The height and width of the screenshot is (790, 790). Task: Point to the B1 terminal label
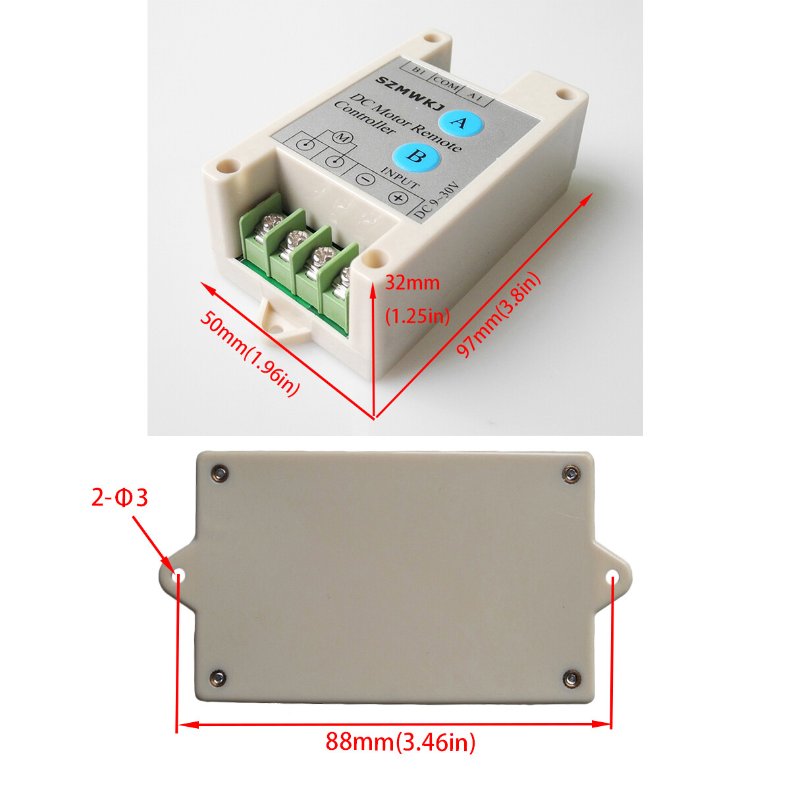pos(417,70)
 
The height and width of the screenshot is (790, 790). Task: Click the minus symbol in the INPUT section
pos(364,178)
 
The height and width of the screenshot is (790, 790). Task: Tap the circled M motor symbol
pos(342,138)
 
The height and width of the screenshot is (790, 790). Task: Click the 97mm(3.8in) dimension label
pos(498,315)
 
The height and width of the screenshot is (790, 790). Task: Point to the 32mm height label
pos(412,283)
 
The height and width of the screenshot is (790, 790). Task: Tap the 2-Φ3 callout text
pos(119,498)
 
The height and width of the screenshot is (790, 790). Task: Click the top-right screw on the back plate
pos(571,473)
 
